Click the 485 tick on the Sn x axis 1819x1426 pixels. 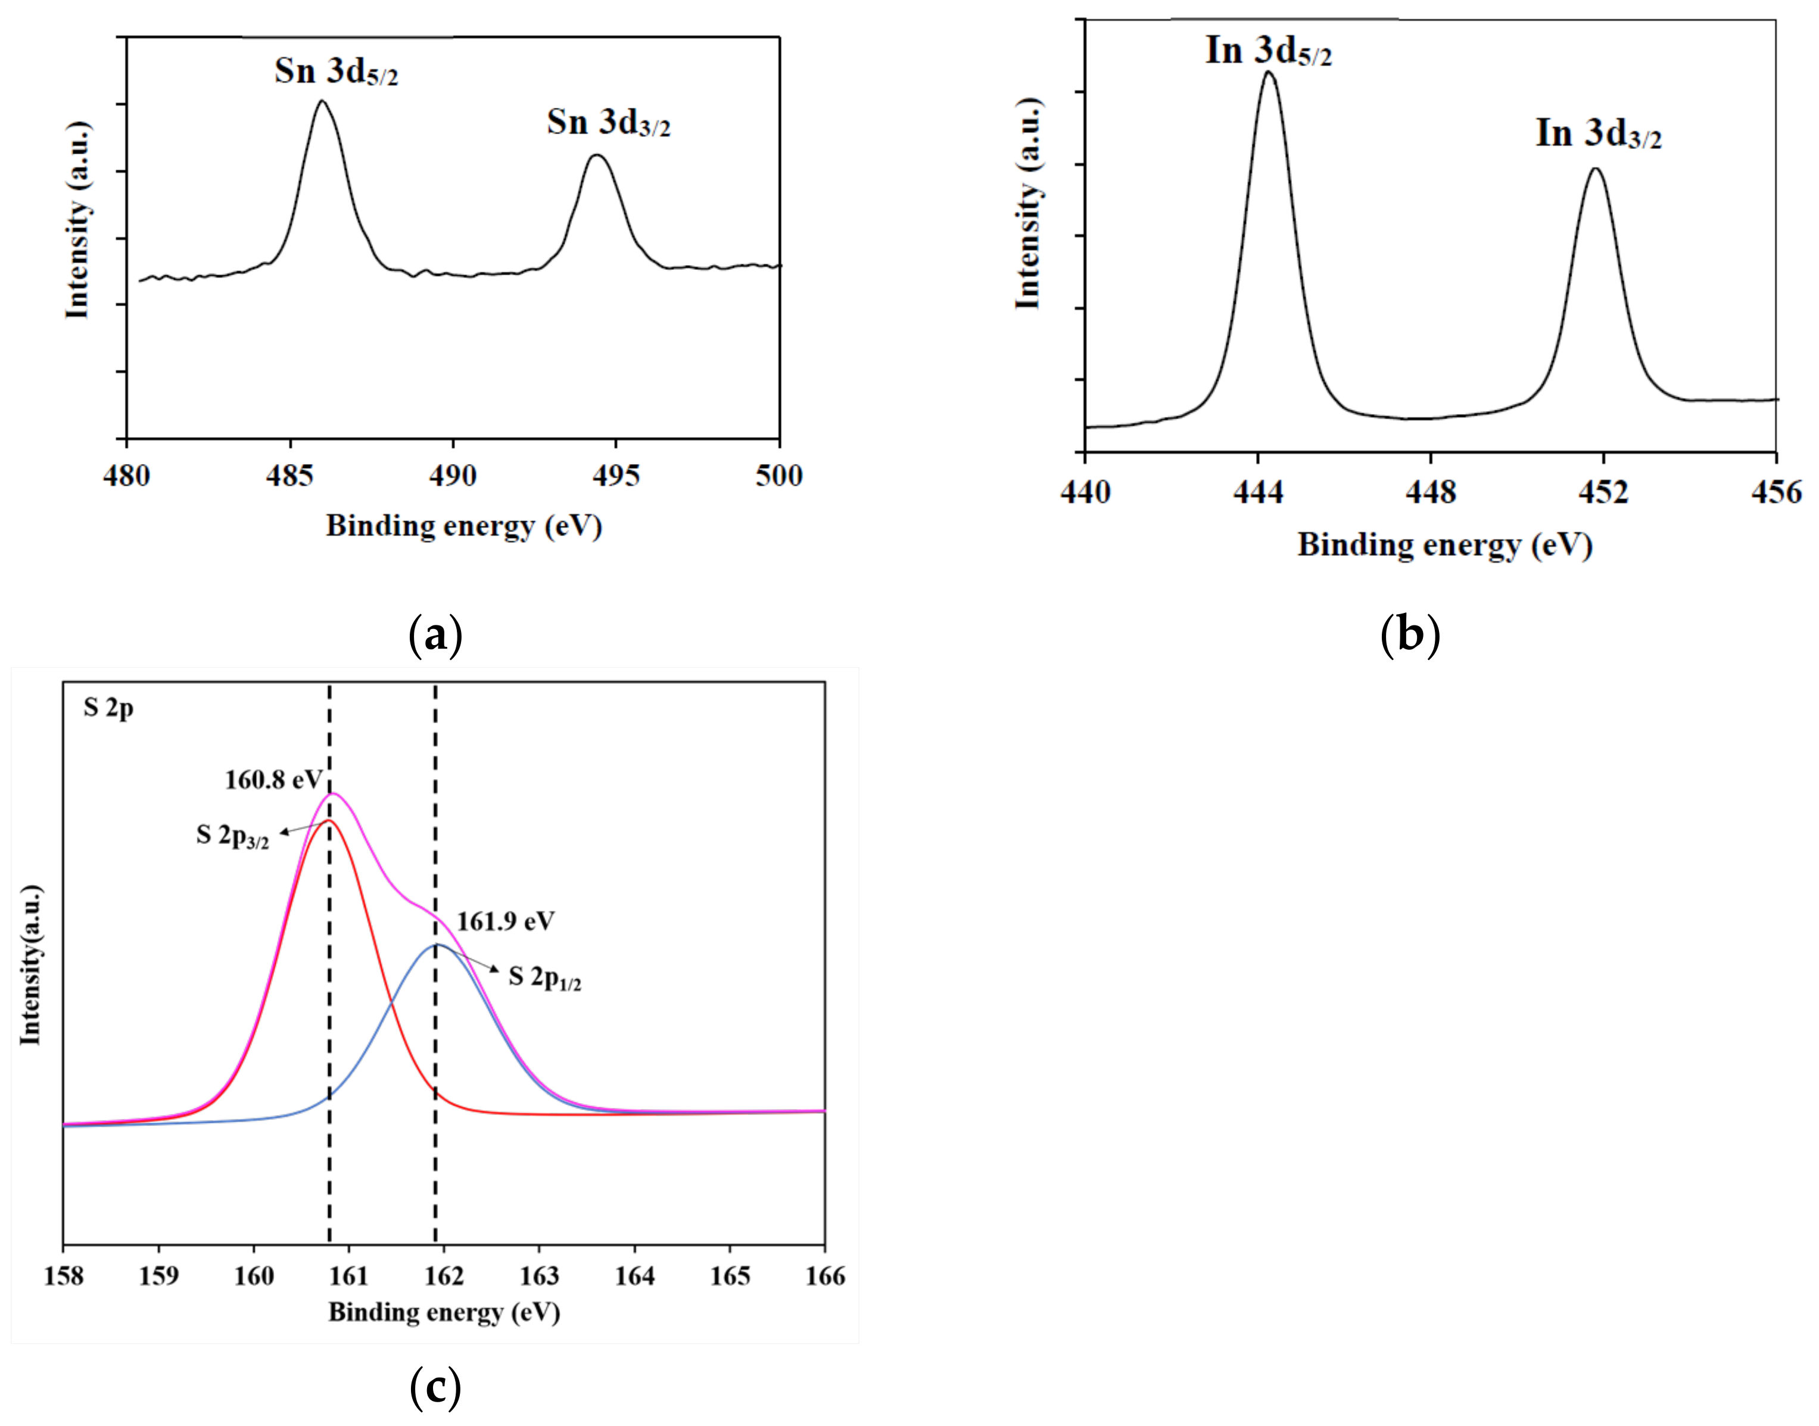coord(289,476)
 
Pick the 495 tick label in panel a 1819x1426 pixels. coord(616,476)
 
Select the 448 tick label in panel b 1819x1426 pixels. coord(1430,493)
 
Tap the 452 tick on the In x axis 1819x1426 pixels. coord(1603,493)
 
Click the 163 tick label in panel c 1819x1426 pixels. coord(539,1276)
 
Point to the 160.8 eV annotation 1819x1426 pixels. coord(273,780)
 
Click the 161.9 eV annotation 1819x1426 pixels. coord(505,921)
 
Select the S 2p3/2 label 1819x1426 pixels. coord(232,836)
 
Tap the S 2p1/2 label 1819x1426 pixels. coord(544,977)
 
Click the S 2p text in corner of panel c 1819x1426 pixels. coord(108,708)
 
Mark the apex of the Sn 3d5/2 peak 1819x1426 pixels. coord(322,101)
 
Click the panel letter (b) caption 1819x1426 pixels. coord(1410,634)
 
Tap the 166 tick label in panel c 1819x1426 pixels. coord(825,1276)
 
